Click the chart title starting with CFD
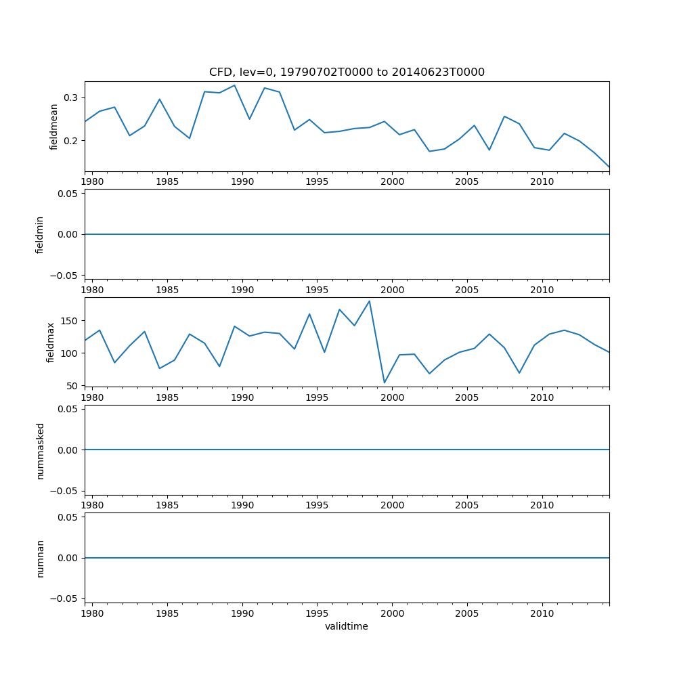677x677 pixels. click(x=347, y=72)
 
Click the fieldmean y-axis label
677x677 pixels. click(x=54, y=127)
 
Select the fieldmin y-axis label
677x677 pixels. click(x=40, y=234)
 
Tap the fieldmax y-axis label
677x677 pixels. click(x=50, y=342)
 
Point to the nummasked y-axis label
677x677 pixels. click(x=40, y=451)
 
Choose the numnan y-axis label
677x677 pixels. click(x=40, y=558)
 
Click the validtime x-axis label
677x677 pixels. click(x=347, y=627)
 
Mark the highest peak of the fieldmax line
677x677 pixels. click(x=369, y=301)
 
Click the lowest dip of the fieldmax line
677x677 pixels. click(x=385, y=383)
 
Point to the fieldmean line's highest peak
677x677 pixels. click(x=234, y=85)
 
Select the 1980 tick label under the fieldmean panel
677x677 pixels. click(x=92, y=181)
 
